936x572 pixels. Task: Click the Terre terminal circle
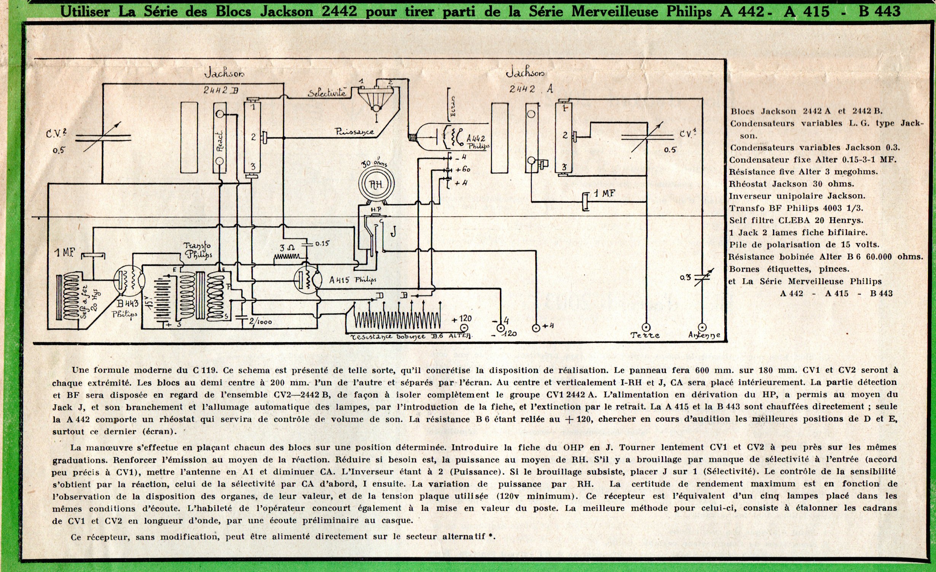tap(646, 327)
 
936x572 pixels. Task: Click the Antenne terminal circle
tap(703, 327)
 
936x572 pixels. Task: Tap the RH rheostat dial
tap(376, 184)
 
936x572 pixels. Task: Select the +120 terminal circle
tap(464, 328)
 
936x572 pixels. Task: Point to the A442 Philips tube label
tap(477, 142)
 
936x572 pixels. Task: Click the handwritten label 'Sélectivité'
tap(327, 93)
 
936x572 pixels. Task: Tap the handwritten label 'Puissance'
tap(354, 132)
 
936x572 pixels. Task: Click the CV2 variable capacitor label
tap(57, 134)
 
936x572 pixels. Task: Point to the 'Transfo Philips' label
tap(198, 250)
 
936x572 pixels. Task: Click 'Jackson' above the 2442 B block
tap(224, 73)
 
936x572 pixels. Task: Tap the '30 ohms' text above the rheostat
tap(374, 163)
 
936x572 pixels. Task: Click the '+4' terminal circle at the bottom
tap(536, 328)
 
